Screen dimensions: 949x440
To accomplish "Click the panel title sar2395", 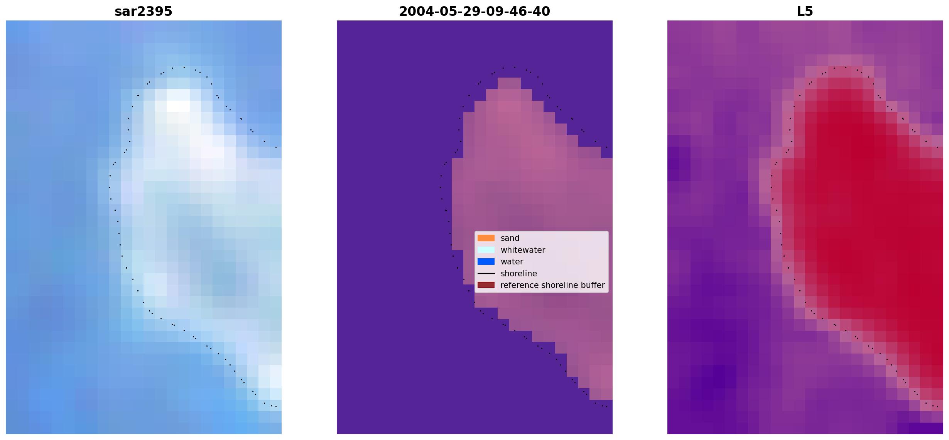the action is [x=144, y=12].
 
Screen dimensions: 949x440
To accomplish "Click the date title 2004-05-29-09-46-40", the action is [x=474, y=12].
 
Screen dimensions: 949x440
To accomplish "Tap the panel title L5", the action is [x=805, y=12].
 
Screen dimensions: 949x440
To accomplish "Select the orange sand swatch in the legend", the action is [x=486, y=238].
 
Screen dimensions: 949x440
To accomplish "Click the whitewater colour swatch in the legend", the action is [x=486, y=250].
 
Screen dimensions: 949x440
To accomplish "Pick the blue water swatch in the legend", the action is [x=486, y=262].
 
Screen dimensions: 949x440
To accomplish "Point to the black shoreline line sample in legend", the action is [x=486, y=273].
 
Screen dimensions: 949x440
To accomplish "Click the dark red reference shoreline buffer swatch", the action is [x=486, y=285].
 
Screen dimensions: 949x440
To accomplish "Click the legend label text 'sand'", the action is [x=510, y=238].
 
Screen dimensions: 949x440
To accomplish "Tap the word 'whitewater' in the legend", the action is [x=523, y=250].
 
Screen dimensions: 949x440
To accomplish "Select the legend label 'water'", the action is [x=512, y=262].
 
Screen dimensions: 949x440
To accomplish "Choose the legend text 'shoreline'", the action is [x=519, y=273].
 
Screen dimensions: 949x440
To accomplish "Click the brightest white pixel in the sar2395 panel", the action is [x=178, y=106].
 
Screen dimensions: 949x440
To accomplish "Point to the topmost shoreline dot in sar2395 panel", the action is [x=184, y=67].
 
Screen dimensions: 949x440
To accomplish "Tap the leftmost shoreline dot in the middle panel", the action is [x=440, y=187].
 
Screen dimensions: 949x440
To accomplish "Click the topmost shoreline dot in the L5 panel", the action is [x=846, y=67].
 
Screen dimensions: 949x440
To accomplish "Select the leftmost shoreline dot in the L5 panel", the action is [x=771, y=187].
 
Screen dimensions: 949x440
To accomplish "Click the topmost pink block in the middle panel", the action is [x=509, y=83].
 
